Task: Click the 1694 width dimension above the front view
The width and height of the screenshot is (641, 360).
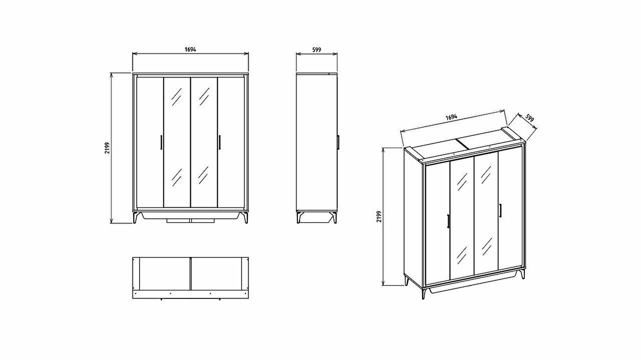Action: [x=190, y=50]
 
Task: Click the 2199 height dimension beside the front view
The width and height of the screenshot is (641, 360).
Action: [x=107, y=148]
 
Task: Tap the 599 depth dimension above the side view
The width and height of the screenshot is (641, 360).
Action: [x=316, y=50]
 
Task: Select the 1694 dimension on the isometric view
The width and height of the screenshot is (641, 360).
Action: [x=451, y=117]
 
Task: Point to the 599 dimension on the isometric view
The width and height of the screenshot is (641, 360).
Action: [x=530, y=118]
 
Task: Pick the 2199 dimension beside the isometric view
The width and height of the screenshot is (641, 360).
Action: [x=379, y=217]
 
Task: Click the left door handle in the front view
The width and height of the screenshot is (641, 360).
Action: [x=161, y=142]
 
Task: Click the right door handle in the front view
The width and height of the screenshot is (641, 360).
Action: [x=219, y=142]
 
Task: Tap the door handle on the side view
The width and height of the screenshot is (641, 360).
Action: [x=338, y=142]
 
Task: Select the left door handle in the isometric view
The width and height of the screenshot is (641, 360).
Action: [x=448, y=221]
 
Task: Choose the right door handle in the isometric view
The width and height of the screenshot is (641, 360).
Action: [x=500, y=211]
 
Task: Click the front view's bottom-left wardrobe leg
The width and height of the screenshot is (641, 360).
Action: [x=136, y=217]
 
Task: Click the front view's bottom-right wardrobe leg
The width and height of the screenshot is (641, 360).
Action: [x=245, y=217]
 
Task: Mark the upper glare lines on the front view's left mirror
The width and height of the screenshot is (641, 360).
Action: [x=176, y=97]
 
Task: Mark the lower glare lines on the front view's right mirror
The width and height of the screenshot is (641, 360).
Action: [x=203, y=175]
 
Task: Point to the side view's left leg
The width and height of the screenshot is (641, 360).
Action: [x=299, y=217]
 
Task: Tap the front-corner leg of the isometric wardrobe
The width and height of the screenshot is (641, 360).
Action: [x=424, y=293]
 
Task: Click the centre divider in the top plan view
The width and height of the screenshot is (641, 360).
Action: [x=190, y=273]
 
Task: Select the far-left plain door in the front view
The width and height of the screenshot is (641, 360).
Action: [x=150, y=142]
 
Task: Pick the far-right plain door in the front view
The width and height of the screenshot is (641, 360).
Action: [x=231, y=142]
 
